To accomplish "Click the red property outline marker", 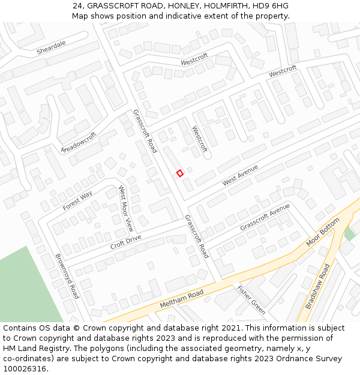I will (179, 173).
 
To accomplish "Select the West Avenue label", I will (240, 175).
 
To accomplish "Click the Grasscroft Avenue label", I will (265, 217).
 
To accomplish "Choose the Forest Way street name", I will (77, 200).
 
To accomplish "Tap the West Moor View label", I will (126, 209).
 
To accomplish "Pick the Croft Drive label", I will (125, 242).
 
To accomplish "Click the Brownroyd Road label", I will (67, 276).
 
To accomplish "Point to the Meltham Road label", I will (182, 298).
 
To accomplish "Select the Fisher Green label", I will (251, 299).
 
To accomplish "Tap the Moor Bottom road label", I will (323, 232).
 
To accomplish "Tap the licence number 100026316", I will (25, 369).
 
